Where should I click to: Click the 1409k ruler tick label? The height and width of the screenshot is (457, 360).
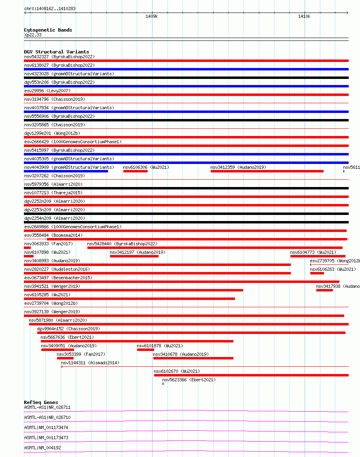[x=152, y=17]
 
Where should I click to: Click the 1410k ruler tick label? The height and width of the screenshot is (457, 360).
[x=304, y=17]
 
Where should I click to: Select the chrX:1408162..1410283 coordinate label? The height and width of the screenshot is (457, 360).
[x=50, y=9]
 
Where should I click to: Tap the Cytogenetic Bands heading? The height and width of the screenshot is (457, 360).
[x=48, y=30]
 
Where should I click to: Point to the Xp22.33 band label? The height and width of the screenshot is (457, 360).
[x=33, y=35]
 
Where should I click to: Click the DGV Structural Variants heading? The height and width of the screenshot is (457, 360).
[x=56, y=52]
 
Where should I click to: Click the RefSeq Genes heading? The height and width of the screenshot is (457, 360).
[x=41, y=402]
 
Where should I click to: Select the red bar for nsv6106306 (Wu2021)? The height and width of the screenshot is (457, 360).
[x=135, y=171]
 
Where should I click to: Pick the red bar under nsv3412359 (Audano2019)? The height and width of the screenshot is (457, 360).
[x=267, y=171]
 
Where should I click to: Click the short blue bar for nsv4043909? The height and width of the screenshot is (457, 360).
[x=66, y=171]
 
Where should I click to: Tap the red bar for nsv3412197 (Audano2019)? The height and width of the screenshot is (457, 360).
[x=134, y=256]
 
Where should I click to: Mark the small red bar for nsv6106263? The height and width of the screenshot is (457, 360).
[x=317, y=273]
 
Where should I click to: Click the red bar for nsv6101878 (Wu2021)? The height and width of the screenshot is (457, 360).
[x=145, y=350]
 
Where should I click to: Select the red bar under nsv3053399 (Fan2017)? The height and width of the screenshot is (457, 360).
[x=65, y=358]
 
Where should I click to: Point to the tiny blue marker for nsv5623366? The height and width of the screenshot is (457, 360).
[x=163, y=384]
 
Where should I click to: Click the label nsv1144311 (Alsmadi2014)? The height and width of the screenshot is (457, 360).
[x=90, y=363]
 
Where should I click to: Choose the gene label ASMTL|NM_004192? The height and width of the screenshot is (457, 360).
[x=42, y=448]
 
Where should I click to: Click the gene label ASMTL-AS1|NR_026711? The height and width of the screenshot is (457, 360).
[x=47, y=407]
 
